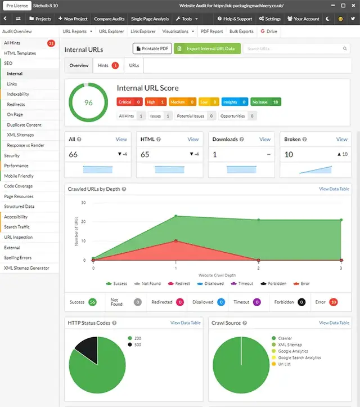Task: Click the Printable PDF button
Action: click(x=152, y=49)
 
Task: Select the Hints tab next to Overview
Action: click(x=107, y=66)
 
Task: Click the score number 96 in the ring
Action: click(x=88, y=102)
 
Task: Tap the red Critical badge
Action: click(x=129, y=102)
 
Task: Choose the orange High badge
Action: click(x=155, y=102)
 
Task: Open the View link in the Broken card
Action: click(x=341, y=139)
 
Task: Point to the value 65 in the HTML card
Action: click(x=145, y=154)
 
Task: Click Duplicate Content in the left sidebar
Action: click(x=24, y=125)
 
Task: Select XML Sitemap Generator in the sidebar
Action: click(x=26, y=269)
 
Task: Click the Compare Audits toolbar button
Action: click(x=110, y=19)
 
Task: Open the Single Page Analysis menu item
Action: click(x=150, y=19)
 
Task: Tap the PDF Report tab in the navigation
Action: click(x=211, y=32)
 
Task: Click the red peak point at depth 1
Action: click(x=176, y=241)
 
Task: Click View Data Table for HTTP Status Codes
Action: click(x=185, y=323)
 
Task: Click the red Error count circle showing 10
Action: click(x=333, y=302)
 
